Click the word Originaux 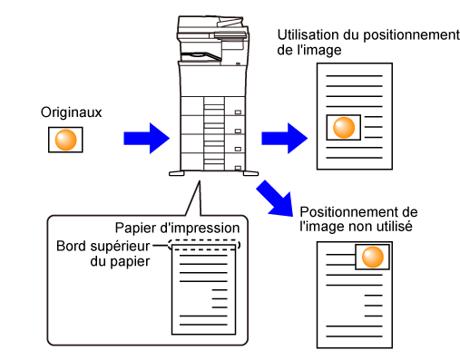pyautogui.click(x=72, y=112)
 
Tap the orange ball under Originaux pyautogui.click(x=65, y=140)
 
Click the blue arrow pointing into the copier pyautogui.click(x=146, y=139)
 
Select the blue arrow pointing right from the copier pyautogui.click(x=284, y=139)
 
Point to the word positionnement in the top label pyautogui.click(x=411, y=35)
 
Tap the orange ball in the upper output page pyautogui.click(x=344, y=128)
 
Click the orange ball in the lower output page pyautogui.click(x=373, y=257)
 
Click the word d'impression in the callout pyautogui.click(x=200, y=229)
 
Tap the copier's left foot pyautogui.click(x=177, y=173)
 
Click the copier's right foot pyautogui.click(x=250, y=173)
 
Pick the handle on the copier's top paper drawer pyautogui.click(x=238, y=112)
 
